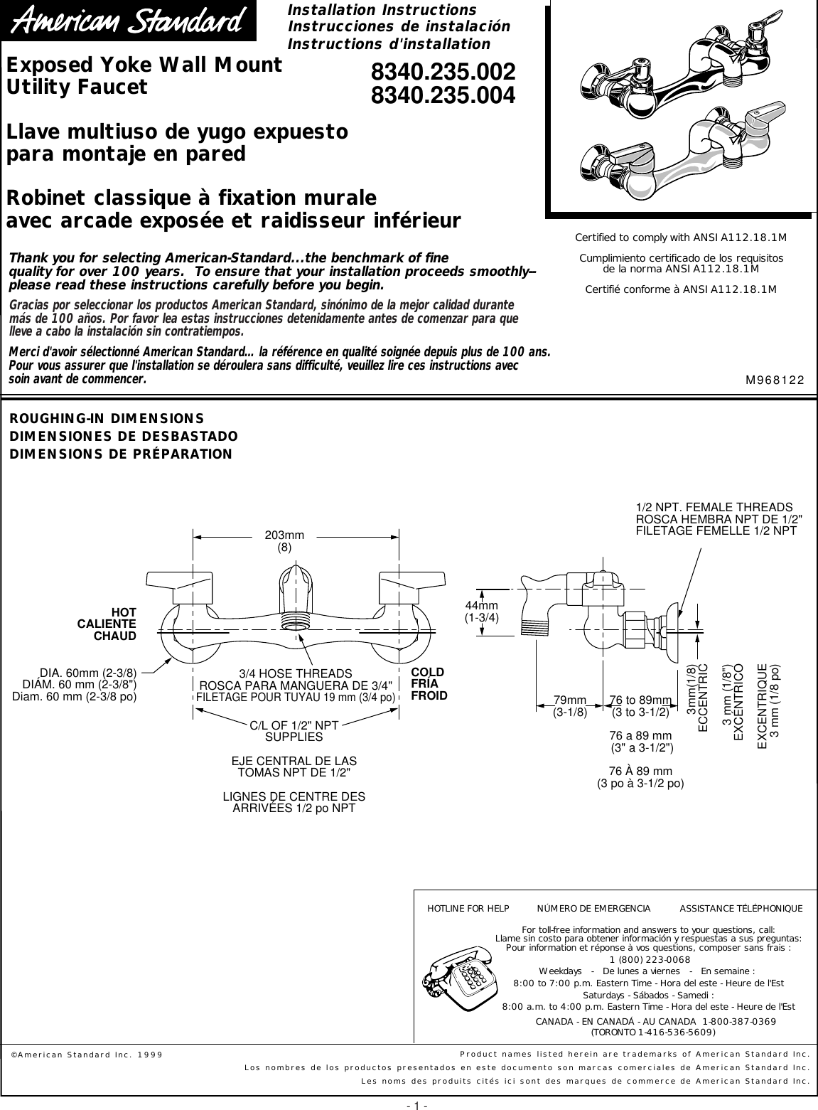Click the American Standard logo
(131, 26)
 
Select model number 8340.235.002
(443, 72)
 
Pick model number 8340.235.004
(443, 95)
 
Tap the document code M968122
(774, 380)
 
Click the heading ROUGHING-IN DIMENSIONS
(107, 418)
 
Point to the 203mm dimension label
(284, 535)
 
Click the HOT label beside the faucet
(124, 612)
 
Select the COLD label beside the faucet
(428, 673)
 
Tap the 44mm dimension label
(482, 605)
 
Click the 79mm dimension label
(570, 700)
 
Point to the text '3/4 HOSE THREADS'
(295, 673)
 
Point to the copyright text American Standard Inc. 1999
(86, 1054)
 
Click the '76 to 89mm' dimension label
(640, 700)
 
